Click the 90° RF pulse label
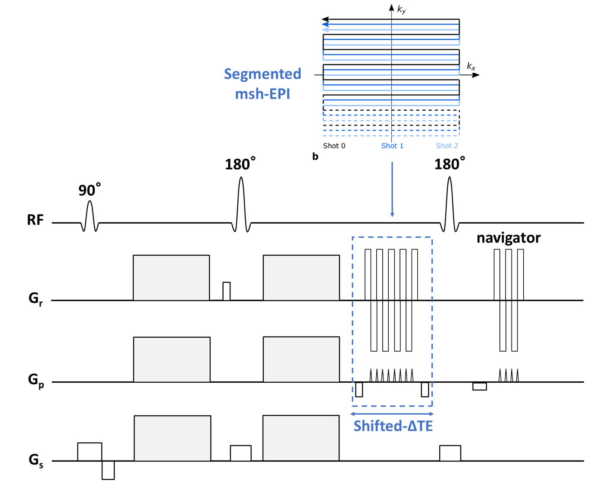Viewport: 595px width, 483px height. (x=90, y=190)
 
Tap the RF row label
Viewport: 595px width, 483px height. (x=35, y=220)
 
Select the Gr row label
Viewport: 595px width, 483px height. (x=36, y=299)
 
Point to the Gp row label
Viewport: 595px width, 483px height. (x=36, y=381)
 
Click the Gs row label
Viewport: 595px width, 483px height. (x=36, y=460)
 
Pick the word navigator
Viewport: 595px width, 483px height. (x=509, y=238)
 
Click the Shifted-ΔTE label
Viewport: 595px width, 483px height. (x=393, y=426)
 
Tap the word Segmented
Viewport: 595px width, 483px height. (x=262, y=74)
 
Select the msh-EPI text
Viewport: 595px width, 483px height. (x=262, y=93)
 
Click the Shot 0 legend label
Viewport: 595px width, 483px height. (x=334, y=146)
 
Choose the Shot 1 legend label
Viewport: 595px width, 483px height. (x=392, y=146)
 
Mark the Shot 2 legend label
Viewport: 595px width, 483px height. (x=447, y=146)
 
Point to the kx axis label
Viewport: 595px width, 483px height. (x=471, y=67)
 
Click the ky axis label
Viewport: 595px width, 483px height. (x=401, y=10)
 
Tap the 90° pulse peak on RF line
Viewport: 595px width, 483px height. (x=90, y=201)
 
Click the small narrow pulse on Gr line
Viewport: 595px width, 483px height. (x=227, y=291)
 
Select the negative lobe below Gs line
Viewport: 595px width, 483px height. (x=108, y=470)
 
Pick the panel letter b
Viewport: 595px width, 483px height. (x=315, y=157)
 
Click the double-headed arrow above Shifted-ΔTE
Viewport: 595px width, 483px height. (x=392, y=414)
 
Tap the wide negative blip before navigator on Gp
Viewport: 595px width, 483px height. (x=480, y=386)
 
